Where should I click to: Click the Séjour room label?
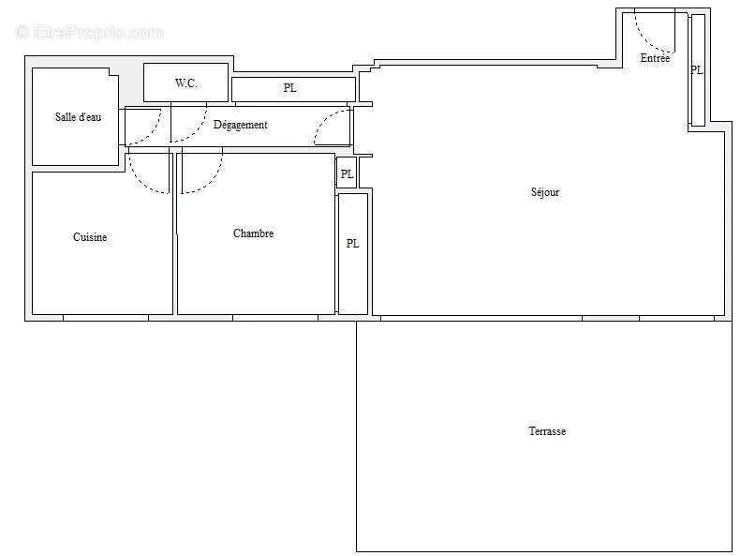(544, 192)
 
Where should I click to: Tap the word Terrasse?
(547, 431)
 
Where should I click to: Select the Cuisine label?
(90, 237)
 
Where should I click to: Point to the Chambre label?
(253, 233)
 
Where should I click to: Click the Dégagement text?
(240, 125)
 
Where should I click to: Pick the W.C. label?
(185, 83)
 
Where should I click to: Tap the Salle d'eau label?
(78, 117)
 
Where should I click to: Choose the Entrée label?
(655, 58)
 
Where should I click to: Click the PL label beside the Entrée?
(696, 70)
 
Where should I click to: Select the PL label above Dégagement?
(290, 89)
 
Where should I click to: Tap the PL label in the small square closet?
(347, 173)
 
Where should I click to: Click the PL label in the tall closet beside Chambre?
(352, 244)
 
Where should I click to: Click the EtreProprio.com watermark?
(90, 33)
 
